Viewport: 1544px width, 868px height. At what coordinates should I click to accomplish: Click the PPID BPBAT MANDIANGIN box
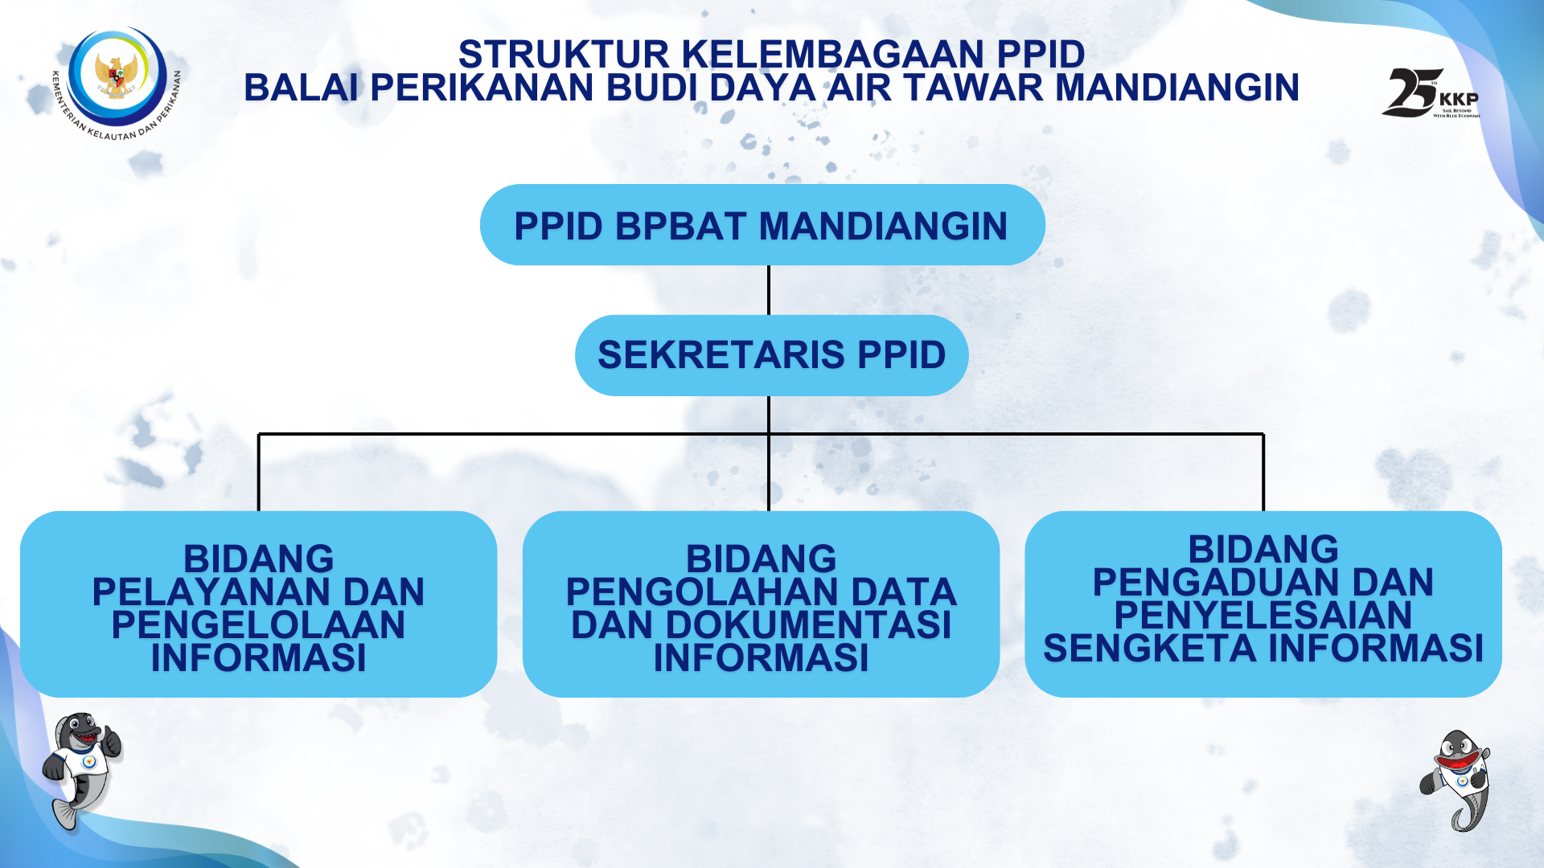pos(762,225)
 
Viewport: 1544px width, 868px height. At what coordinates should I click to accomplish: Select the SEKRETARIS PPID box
pos(771,355)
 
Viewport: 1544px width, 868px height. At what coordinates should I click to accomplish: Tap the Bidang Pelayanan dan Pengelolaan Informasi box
pos(258,604)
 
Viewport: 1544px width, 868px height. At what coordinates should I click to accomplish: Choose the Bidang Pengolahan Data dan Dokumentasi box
pos(761,604)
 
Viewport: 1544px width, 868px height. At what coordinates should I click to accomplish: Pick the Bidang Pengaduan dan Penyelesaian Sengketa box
pos(1263,604)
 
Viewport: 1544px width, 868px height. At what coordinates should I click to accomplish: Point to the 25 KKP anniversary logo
pos(1431,92)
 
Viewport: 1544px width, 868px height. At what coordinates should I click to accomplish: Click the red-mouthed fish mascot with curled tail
pos(1456,780)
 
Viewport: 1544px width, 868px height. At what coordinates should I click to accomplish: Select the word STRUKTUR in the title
pos(564,55)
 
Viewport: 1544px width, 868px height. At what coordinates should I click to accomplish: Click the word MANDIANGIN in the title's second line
pos(1177,88)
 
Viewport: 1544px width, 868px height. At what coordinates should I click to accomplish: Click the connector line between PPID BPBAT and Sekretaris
pos(769,290)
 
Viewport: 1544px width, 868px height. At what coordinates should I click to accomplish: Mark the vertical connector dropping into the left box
pos(258,473)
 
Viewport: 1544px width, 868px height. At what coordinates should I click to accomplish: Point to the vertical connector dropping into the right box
pos(1263,473)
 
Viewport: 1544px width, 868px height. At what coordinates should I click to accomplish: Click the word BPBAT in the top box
pos(681,226)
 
